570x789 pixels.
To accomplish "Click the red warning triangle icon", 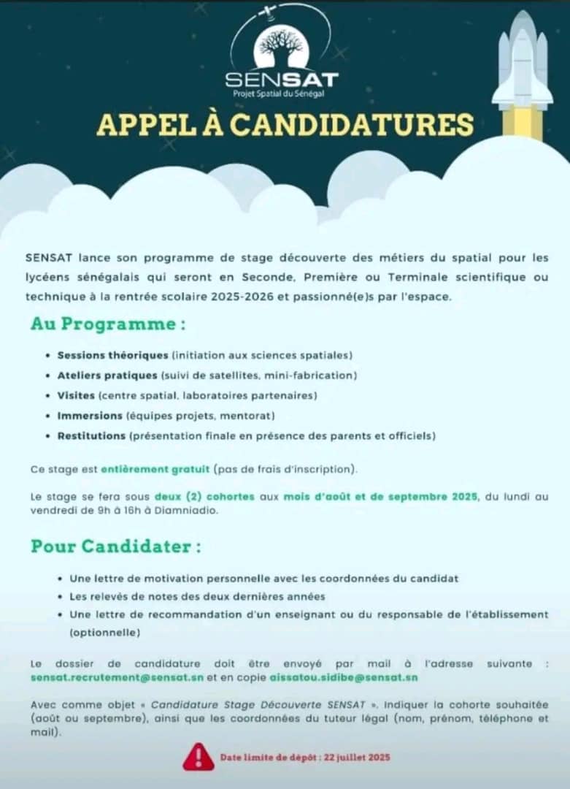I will [199, 757].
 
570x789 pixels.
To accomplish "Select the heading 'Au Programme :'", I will [107, 324].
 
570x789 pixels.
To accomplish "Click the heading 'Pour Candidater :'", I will [115, 546].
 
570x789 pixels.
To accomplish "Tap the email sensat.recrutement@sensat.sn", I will [118, 677].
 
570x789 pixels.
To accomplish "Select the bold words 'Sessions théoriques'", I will [112, 355].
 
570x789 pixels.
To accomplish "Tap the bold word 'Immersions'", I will [90, 416].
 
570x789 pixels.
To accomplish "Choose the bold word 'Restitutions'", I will [91, 436].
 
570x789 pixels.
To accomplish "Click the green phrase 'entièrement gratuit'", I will [155, 468].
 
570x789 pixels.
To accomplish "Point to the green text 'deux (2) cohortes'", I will [204, 496].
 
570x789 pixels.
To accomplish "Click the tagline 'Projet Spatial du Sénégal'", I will [281, 94].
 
